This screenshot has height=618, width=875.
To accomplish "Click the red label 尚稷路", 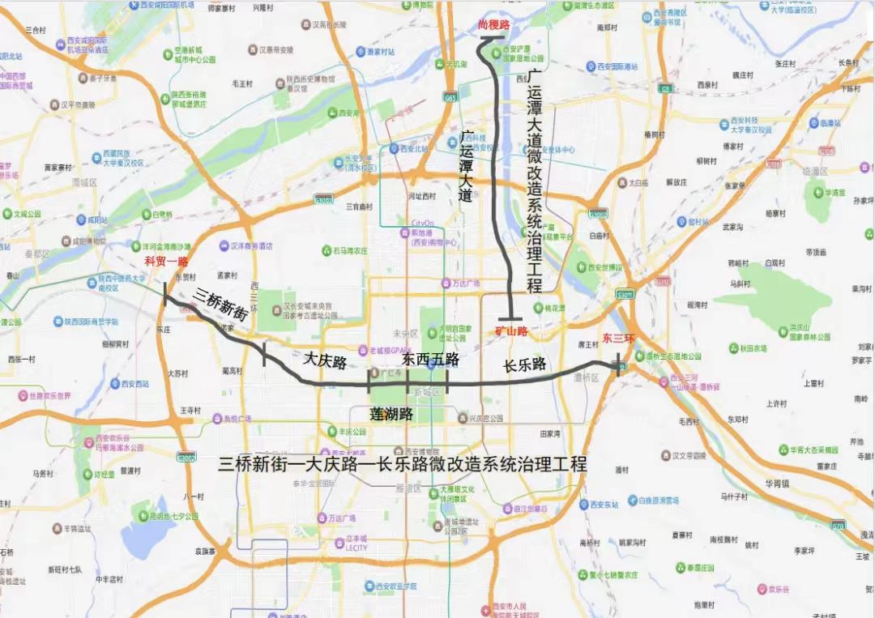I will (x=494, y=25).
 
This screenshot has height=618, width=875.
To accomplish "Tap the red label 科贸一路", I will (x=166, y=261).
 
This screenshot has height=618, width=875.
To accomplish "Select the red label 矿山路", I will (x=511, y=331).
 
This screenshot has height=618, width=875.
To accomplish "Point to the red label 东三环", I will (x=618, y=338).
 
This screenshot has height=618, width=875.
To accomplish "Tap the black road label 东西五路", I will (x=431, y=359).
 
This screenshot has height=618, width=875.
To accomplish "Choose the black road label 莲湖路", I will (x=391, y=414).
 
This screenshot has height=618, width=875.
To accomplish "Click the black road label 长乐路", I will (x=524, y=365).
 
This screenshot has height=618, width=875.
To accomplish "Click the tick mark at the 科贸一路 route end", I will (x=165, y=294).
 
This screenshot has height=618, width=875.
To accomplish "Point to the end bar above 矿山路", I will (x=510, y=318).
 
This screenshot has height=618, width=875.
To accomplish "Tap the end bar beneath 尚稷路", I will (x=494, y=38).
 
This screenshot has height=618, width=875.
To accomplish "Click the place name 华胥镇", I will (x=782, y=485).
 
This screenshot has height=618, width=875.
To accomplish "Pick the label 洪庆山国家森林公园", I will (x=806, y=335).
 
